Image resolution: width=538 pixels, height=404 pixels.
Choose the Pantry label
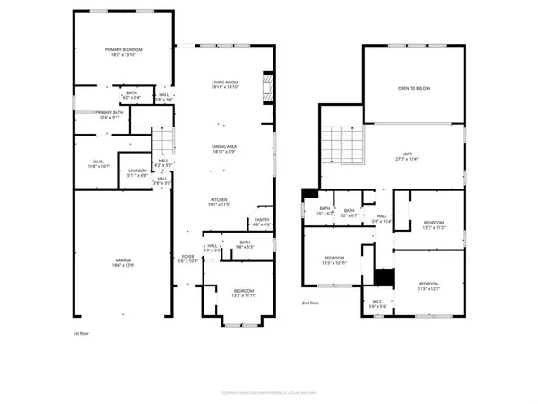261,220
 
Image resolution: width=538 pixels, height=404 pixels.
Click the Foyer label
187,257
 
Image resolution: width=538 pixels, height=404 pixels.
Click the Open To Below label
413,89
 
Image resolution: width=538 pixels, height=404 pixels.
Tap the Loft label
413,155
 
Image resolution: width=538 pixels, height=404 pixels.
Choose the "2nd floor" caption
309,303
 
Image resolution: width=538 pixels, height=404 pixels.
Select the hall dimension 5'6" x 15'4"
382,219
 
